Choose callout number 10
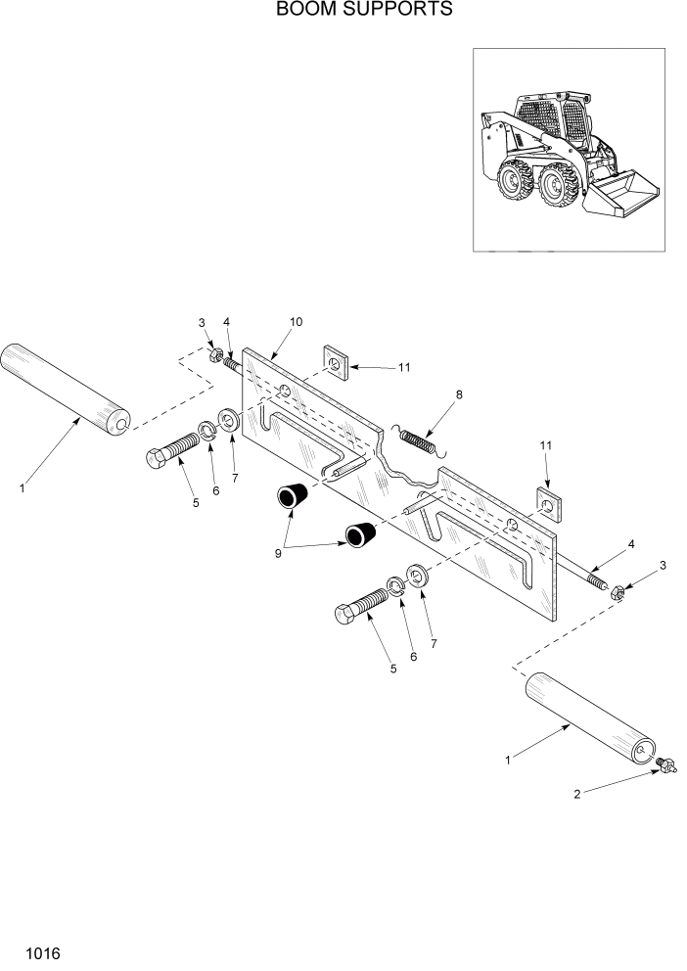point(298,321)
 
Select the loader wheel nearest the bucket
point(559,186)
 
